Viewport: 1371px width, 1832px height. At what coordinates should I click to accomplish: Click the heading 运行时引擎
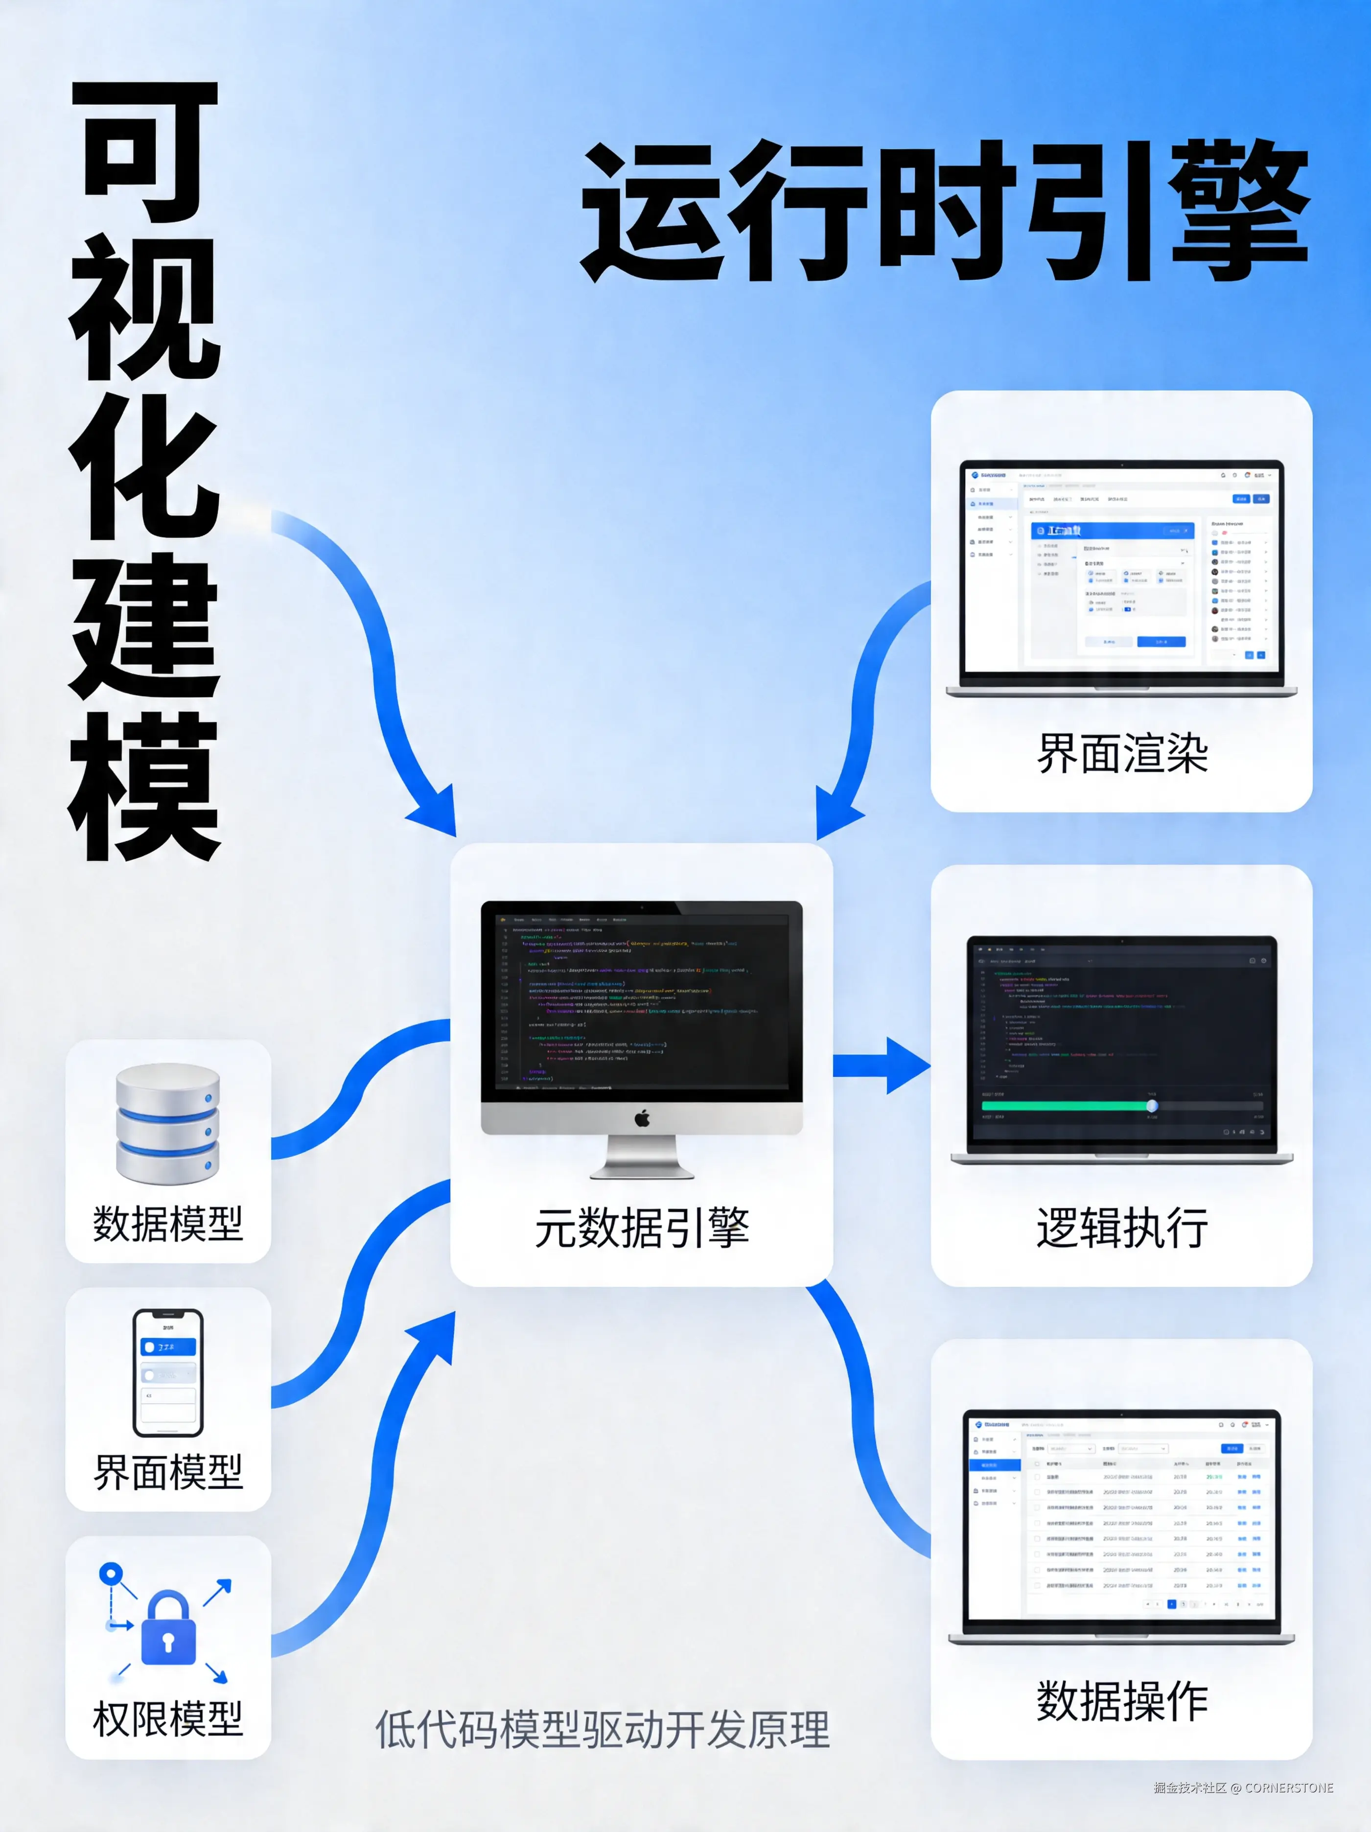pos(944,211)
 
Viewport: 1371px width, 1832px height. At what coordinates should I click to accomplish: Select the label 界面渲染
pos(1122,754)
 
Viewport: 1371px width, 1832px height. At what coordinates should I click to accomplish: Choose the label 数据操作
pos(1122,1702)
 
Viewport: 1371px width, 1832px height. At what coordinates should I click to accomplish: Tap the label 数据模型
pos(168,1223)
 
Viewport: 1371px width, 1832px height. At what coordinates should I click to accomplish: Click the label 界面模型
pos(168,1472)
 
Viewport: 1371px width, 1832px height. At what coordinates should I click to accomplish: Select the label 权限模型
pos(168,1718)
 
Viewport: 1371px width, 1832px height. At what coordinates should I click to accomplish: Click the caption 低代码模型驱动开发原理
pos(602,1729)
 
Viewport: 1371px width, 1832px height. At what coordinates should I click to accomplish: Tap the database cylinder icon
pos(168,1124)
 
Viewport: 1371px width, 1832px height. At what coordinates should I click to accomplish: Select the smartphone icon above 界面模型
pos(168,1372)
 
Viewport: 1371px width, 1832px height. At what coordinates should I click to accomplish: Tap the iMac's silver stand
pos(642,1158)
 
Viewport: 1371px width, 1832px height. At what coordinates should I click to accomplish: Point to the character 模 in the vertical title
pos(145,787)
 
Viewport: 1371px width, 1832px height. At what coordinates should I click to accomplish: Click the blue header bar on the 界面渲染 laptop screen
pos(1112,530)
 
